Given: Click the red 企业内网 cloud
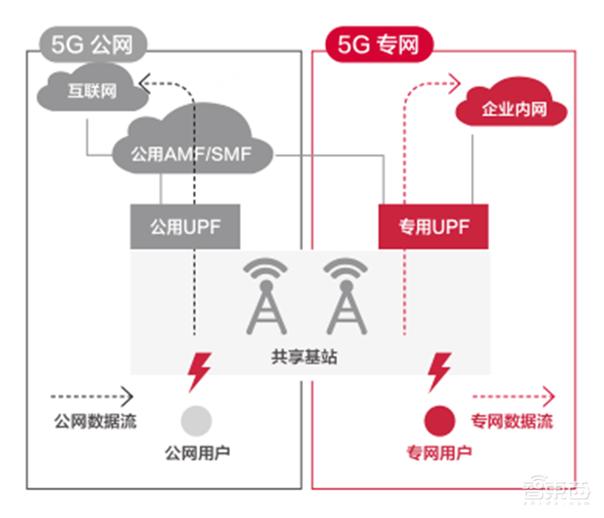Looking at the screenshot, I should point(513,111).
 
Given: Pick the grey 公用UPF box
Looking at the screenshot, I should point(185,227).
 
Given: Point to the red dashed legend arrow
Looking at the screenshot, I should point(513,396).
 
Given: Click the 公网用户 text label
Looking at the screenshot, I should point(197,453).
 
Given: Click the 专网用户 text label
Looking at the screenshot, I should point(439,453).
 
